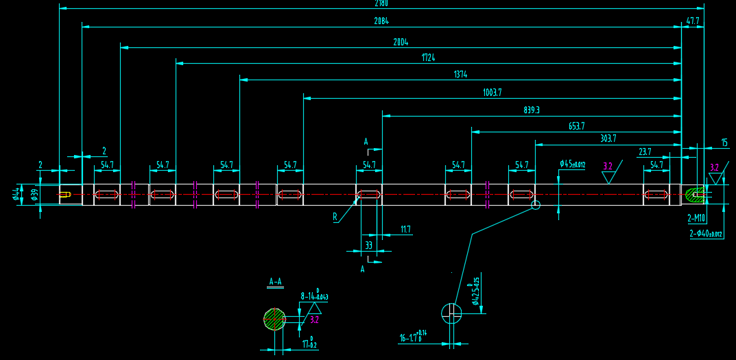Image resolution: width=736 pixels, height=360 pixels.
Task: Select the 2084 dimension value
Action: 381,21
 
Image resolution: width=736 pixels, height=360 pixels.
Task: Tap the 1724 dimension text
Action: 428,58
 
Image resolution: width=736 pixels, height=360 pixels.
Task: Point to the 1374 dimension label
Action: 460,74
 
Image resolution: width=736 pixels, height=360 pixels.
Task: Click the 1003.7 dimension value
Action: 492,93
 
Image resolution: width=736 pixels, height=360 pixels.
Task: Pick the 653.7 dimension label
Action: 577,126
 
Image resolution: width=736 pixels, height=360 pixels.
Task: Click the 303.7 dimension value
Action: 608,138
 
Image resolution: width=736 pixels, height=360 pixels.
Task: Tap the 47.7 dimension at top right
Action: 693,21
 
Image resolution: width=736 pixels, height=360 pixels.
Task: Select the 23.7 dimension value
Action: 645,152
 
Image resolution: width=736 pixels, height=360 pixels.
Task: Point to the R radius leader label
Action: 335,217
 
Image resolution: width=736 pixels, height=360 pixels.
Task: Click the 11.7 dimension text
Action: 405,230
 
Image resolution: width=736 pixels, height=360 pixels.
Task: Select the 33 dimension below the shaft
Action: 368,245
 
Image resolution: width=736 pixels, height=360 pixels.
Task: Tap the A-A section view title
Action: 275,281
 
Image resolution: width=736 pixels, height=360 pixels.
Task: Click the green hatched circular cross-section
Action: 274,319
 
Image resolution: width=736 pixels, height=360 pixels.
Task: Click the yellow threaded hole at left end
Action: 64,195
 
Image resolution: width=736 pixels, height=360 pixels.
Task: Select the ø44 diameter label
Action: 16,195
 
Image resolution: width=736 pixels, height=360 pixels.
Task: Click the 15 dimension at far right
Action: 724,143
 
